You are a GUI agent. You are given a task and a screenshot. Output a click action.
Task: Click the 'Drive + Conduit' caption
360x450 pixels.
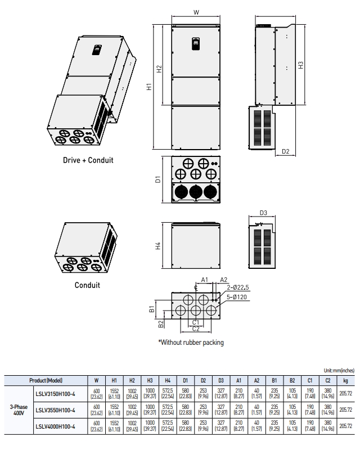[x=88, y=160]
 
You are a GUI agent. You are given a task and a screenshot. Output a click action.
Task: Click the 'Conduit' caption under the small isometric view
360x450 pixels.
[x=87, y=285]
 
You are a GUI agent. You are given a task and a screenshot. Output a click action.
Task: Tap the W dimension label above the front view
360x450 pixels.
[x=195, y=12]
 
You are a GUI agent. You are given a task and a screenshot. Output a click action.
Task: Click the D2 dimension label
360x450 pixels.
[x=285, y=151]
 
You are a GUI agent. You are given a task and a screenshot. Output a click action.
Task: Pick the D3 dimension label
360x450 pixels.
[x=263, y=213]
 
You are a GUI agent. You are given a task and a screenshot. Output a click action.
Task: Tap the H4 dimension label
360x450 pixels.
[x=159, y=246]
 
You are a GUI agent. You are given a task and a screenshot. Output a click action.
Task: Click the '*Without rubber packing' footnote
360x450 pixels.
[x=191, y=342]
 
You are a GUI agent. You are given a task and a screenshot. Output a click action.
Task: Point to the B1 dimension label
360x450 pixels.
[x=152, y=309]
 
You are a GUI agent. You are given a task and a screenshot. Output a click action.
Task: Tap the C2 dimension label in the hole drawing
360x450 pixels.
[x=195, y=329]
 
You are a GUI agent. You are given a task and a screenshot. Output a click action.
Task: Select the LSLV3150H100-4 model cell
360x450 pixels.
[x=55, y=394]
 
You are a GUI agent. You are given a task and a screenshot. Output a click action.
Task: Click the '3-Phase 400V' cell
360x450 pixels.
[x=17, y=410]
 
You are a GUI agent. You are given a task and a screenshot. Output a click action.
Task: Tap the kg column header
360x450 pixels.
[x=345, y=380]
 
